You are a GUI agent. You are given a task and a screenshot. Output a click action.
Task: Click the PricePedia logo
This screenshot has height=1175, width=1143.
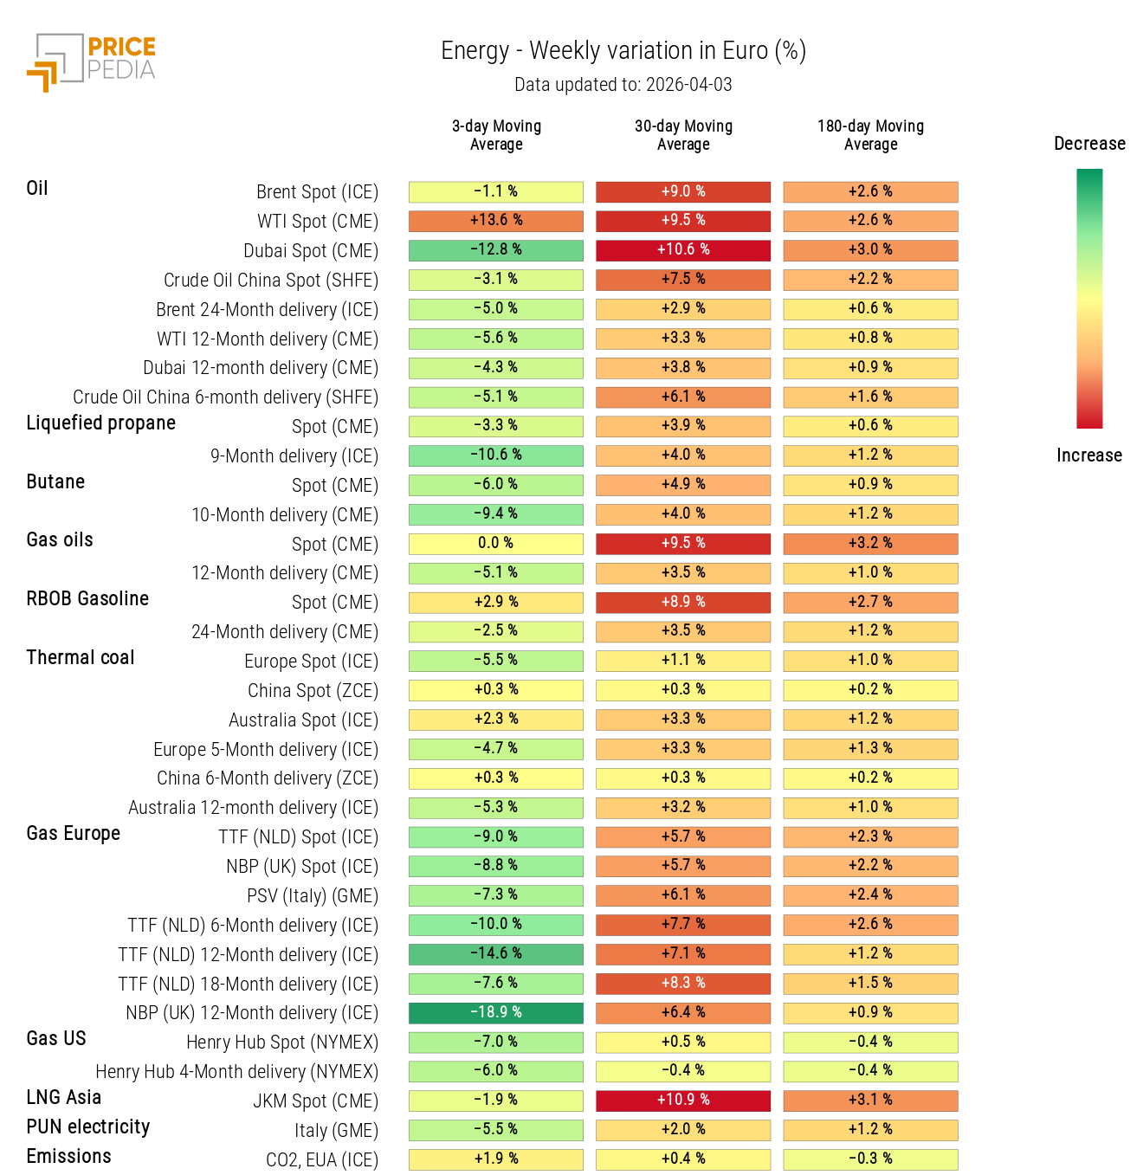(x=92, y=61)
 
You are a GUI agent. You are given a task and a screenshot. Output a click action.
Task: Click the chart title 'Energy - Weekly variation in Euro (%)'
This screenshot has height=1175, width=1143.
(x=623, y=51)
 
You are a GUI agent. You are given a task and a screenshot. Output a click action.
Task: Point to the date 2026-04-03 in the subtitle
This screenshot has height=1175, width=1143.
(x=688, y=85)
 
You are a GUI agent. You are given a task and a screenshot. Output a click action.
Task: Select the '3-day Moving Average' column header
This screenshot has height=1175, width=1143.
(x=496, y=135)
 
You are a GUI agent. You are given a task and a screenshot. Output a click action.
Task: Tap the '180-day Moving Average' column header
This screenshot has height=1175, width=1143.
(x=870, y=135)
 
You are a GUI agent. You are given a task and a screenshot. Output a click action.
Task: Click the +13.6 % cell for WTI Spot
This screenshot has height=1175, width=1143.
(x=496, y=221)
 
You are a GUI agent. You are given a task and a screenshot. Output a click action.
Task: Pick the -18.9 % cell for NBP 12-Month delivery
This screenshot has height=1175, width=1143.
(x=496, y=1012)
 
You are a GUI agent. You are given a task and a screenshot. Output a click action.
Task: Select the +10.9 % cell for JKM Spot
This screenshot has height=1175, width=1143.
(x=683, y=1101)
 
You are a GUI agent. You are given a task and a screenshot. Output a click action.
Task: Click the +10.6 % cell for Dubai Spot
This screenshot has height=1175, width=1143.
(x=683, y=250)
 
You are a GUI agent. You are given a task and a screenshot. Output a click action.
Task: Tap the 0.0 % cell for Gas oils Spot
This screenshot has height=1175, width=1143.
(x=496, y=544)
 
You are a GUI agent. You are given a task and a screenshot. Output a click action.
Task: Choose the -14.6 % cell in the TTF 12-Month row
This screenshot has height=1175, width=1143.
(x=496, y=954)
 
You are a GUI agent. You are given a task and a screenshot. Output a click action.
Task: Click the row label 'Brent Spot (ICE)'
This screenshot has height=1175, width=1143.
(x=317, y=192)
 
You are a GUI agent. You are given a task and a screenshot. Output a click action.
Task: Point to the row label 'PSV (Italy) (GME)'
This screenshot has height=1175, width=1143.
(x=313, y=896)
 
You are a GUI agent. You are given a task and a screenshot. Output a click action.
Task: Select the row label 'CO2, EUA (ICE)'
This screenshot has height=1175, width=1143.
(x=322, y=1160)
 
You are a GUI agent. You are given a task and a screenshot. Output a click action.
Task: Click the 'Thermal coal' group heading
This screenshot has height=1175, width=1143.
(x=81, y=658)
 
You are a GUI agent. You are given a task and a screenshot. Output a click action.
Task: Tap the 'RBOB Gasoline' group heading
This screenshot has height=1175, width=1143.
(x=87, y=599)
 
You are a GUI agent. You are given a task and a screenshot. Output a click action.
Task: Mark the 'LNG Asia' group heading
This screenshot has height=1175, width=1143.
(x=64, y=1098)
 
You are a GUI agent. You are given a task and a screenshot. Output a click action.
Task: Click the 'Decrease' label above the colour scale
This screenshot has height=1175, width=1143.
(x=1089, y=144)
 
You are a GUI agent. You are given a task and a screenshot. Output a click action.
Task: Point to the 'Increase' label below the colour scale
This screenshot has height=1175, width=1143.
(x=1089, y=455)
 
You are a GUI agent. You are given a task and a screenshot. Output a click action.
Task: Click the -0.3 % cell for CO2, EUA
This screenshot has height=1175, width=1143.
(x=870, y=1159)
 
